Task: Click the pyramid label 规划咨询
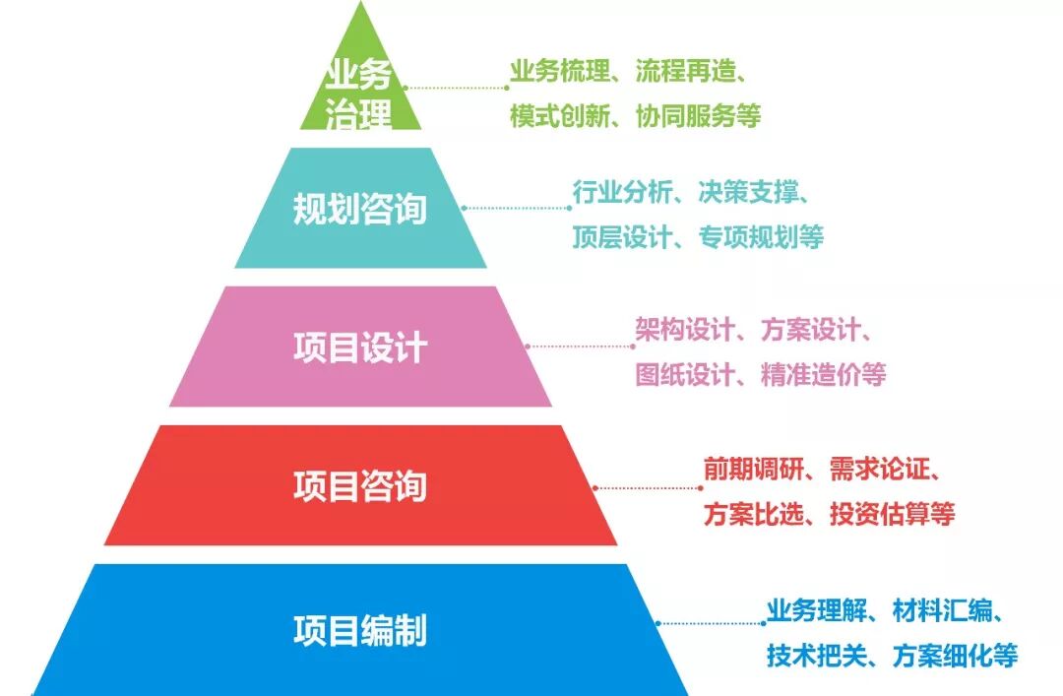(359, 209)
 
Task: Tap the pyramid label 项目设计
(359, 348)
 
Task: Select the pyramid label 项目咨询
(359, 486)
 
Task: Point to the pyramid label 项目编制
(359, 630)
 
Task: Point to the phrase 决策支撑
(746, 192)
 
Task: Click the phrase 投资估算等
(891, 513)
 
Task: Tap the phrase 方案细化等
(954, 655)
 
